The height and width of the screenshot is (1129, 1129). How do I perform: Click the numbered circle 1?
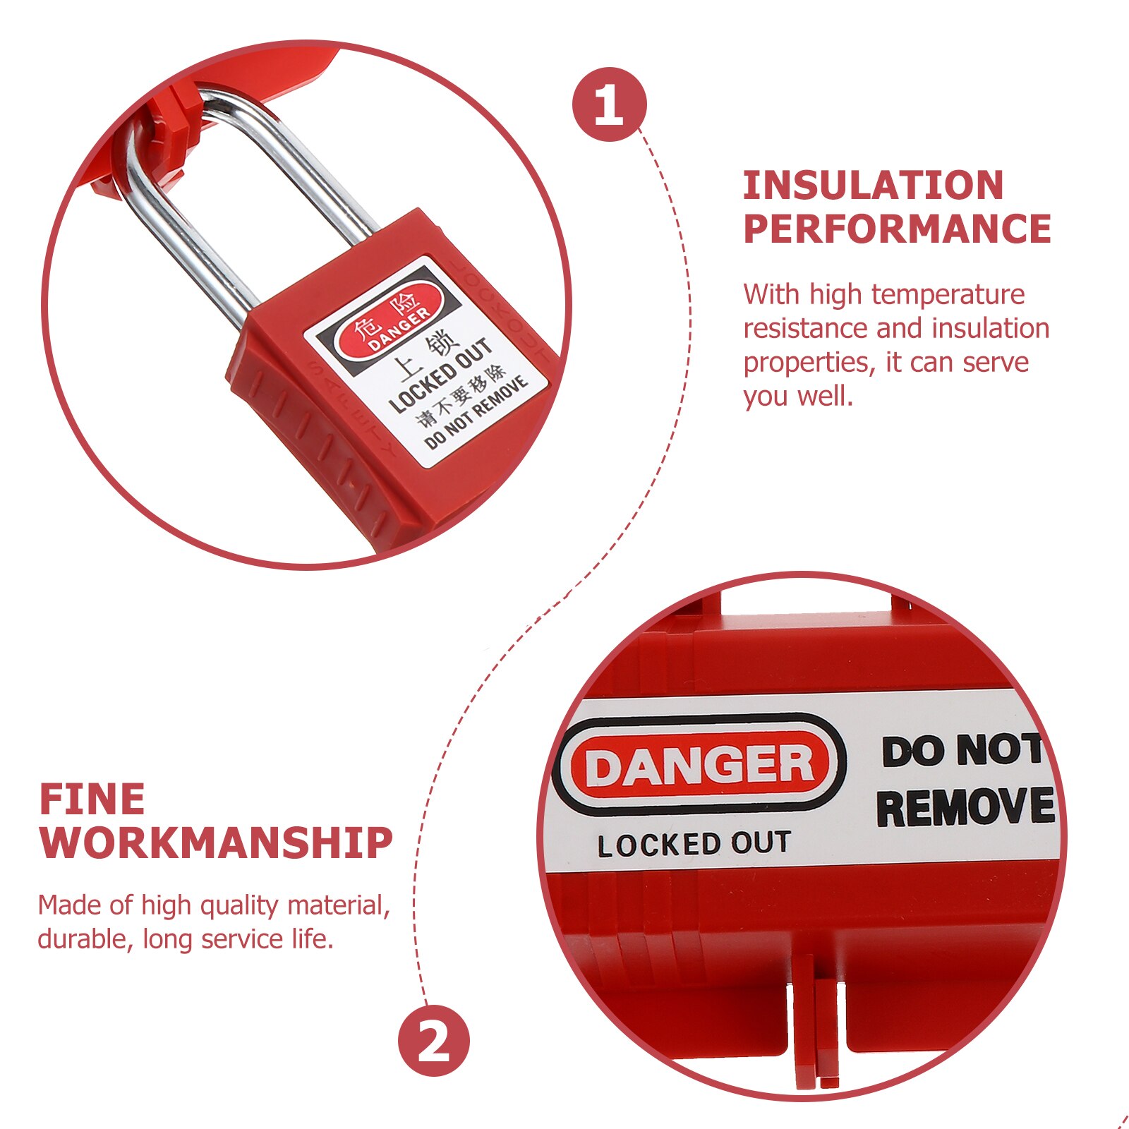[609, 104]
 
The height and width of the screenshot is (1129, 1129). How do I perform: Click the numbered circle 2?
[434, 1041]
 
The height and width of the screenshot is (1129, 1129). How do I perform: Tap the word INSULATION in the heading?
[873, 186]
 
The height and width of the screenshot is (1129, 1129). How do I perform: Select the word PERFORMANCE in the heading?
[897, 229]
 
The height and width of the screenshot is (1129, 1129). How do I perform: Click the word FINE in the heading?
[92, 799]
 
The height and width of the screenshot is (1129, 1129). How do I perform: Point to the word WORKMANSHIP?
[216, 843]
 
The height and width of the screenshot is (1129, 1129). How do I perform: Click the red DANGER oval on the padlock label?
[390, 322]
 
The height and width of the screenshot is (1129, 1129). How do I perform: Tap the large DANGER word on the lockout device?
[699, 766]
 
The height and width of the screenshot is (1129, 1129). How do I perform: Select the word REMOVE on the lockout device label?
[965, 807]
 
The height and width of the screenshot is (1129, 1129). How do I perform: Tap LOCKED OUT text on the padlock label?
[441, 375]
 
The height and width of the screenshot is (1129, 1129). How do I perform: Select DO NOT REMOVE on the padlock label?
[476, 413]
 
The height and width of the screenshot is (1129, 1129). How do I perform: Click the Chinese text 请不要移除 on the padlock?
[462, 396]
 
